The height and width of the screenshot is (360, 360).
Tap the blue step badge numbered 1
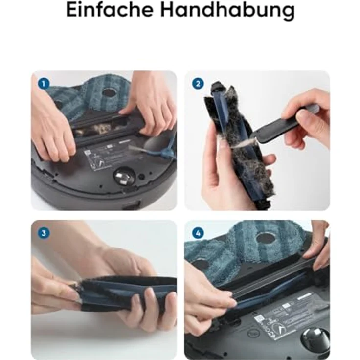(44, 84)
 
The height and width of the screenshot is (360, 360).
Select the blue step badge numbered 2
(198, 84)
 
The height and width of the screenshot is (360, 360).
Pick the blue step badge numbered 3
(44, 233)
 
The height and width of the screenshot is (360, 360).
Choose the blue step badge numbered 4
(198, 233)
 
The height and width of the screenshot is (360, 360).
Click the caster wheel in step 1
(122, 177)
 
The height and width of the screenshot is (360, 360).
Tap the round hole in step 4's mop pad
(267, 238)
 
